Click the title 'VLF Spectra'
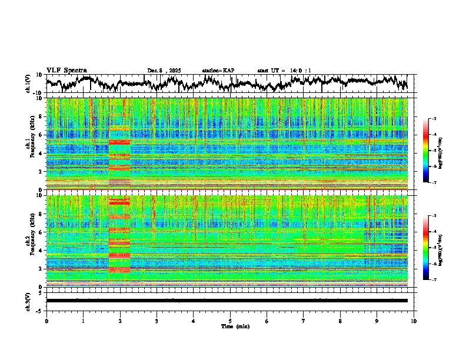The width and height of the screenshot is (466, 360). point(66,70)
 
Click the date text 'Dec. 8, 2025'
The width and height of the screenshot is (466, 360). point(164,71)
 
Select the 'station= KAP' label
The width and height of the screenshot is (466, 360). point(218,71)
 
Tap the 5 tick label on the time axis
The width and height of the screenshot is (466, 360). point(230,321)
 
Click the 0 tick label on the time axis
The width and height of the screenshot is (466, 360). point(46,321)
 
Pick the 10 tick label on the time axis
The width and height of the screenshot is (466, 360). point(414,321)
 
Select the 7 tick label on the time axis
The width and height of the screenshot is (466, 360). point(304,321)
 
